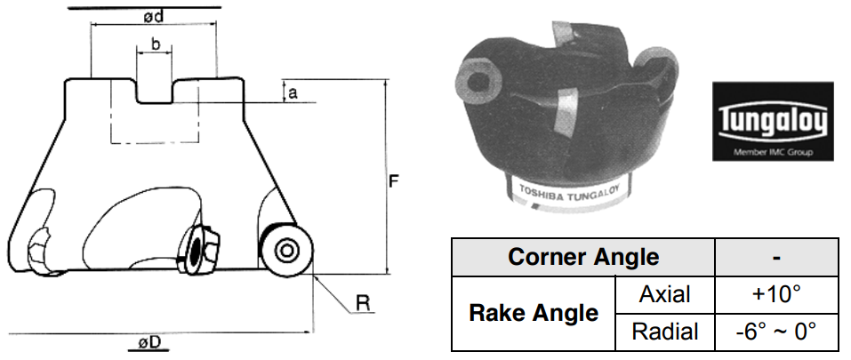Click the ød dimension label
pyautogui.click(x=154, y=17)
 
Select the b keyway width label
pyautogui.click(x=156, y=44)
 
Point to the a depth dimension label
pyautogui.click(x=293, y=92)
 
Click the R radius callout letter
pyautogui.click(x=363, y=304)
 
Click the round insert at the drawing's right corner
pyautogui.click(x=286, y=251)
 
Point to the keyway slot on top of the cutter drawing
pyautogui.click(x=154, y=91)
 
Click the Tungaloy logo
pyautogui.click(x=773, y=122)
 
